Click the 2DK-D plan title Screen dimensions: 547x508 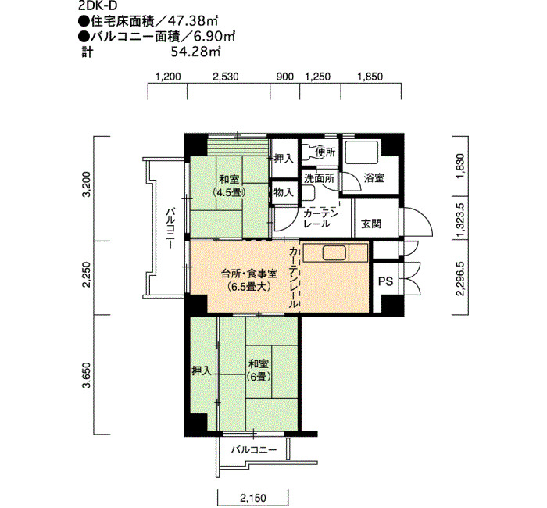click(x=98, y=6)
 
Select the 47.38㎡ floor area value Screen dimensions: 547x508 click(x=192, y=22)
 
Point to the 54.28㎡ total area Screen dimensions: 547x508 click(x=195, y=52)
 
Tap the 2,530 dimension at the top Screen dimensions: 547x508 click(x=226, y=77)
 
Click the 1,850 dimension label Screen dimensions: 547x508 click(x=370, y=77)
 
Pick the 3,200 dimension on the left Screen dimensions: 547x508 click(x=87, y=184)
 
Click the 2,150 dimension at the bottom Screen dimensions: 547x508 click(x=254, y=498)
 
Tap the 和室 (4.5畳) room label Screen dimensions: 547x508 click(x=229, y=186)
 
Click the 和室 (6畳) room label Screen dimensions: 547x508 click(x=259, y=370)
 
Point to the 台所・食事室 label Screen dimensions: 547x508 click(x=249, y=274)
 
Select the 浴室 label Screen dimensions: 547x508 click(x=374, y=178)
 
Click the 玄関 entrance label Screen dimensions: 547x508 click(x=371, y=224)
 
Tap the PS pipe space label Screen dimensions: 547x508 click(x=386, y=281)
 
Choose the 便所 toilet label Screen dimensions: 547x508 click(x=325, y=152)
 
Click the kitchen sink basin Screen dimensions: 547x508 click(x=334, y=252)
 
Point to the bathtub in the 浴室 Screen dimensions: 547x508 click(x=362, y=152)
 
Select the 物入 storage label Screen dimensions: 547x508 click(x=284, y=192)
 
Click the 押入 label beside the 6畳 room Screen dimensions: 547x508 click(x=202, y=370)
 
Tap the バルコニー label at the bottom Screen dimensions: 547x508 click(x=254, y=449)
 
